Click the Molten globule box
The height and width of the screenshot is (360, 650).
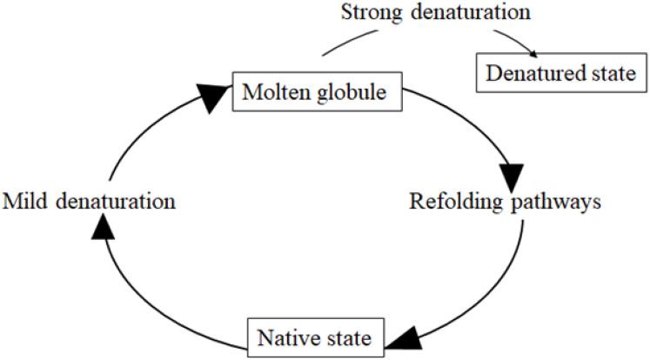[317, 90]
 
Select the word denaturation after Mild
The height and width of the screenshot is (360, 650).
[116, 202]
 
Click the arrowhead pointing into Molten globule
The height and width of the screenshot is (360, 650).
[214, 99]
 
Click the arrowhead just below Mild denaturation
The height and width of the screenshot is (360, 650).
[104, 225]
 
